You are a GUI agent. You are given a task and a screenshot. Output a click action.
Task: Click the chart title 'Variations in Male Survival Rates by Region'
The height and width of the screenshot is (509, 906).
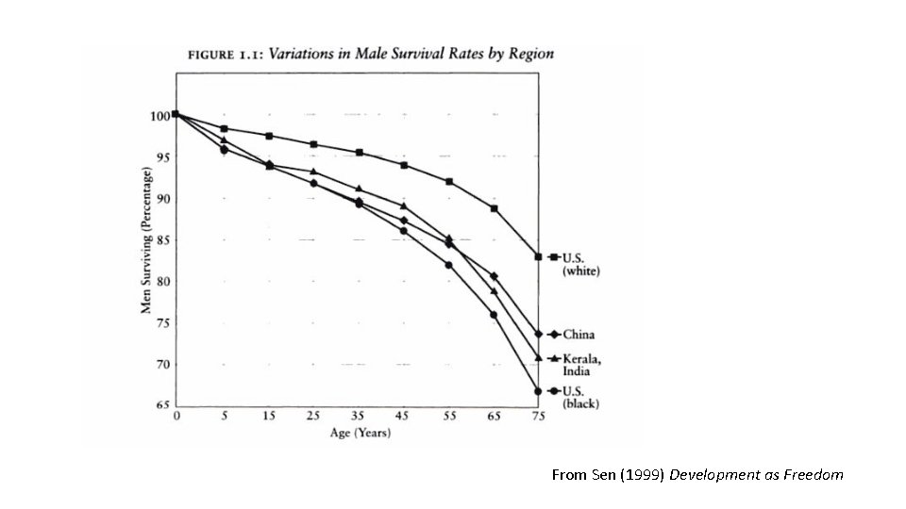point(411,54)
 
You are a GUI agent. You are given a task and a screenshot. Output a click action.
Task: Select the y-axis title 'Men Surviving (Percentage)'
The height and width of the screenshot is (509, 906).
point(146,241)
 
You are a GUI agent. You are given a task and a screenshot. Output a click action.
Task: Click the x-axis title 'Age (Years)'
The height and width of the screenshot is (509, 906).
point(361,434)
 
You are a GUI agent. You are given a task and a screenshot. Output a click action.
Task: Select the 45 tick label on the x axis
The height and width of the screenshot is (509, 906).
point(404,418)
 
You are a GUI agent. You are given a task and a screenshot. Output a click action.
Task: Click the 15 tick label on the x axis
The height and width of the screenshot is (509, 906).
point(269,418)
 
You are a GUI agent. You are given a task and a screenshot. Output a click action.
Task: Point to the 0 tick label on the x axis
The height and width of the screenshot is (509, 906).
point(177,418)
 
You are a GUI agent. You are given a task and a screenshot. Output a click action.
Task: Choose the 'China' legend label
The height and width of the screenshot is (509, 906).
point(579,335)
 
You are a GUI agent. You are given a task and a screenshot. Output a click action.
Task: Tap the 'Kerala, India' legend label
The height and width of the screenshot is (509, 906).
point(582,365)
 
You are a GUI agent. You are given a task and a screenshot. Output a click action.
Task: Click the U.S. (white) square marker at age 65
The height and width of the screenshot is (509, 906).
point(494,208)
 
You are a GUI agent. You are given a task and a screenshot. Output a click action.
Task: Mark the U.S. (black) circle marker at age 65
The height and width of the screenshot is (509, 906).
point(494,315)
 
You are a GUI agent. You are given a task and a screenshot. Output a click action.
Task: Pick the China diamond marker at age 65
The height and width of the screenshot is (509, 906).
point(494,276)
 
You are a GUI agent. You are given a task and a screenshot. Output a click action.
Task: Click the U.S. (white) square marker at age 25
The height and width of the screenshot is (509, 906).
point(313,144)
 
